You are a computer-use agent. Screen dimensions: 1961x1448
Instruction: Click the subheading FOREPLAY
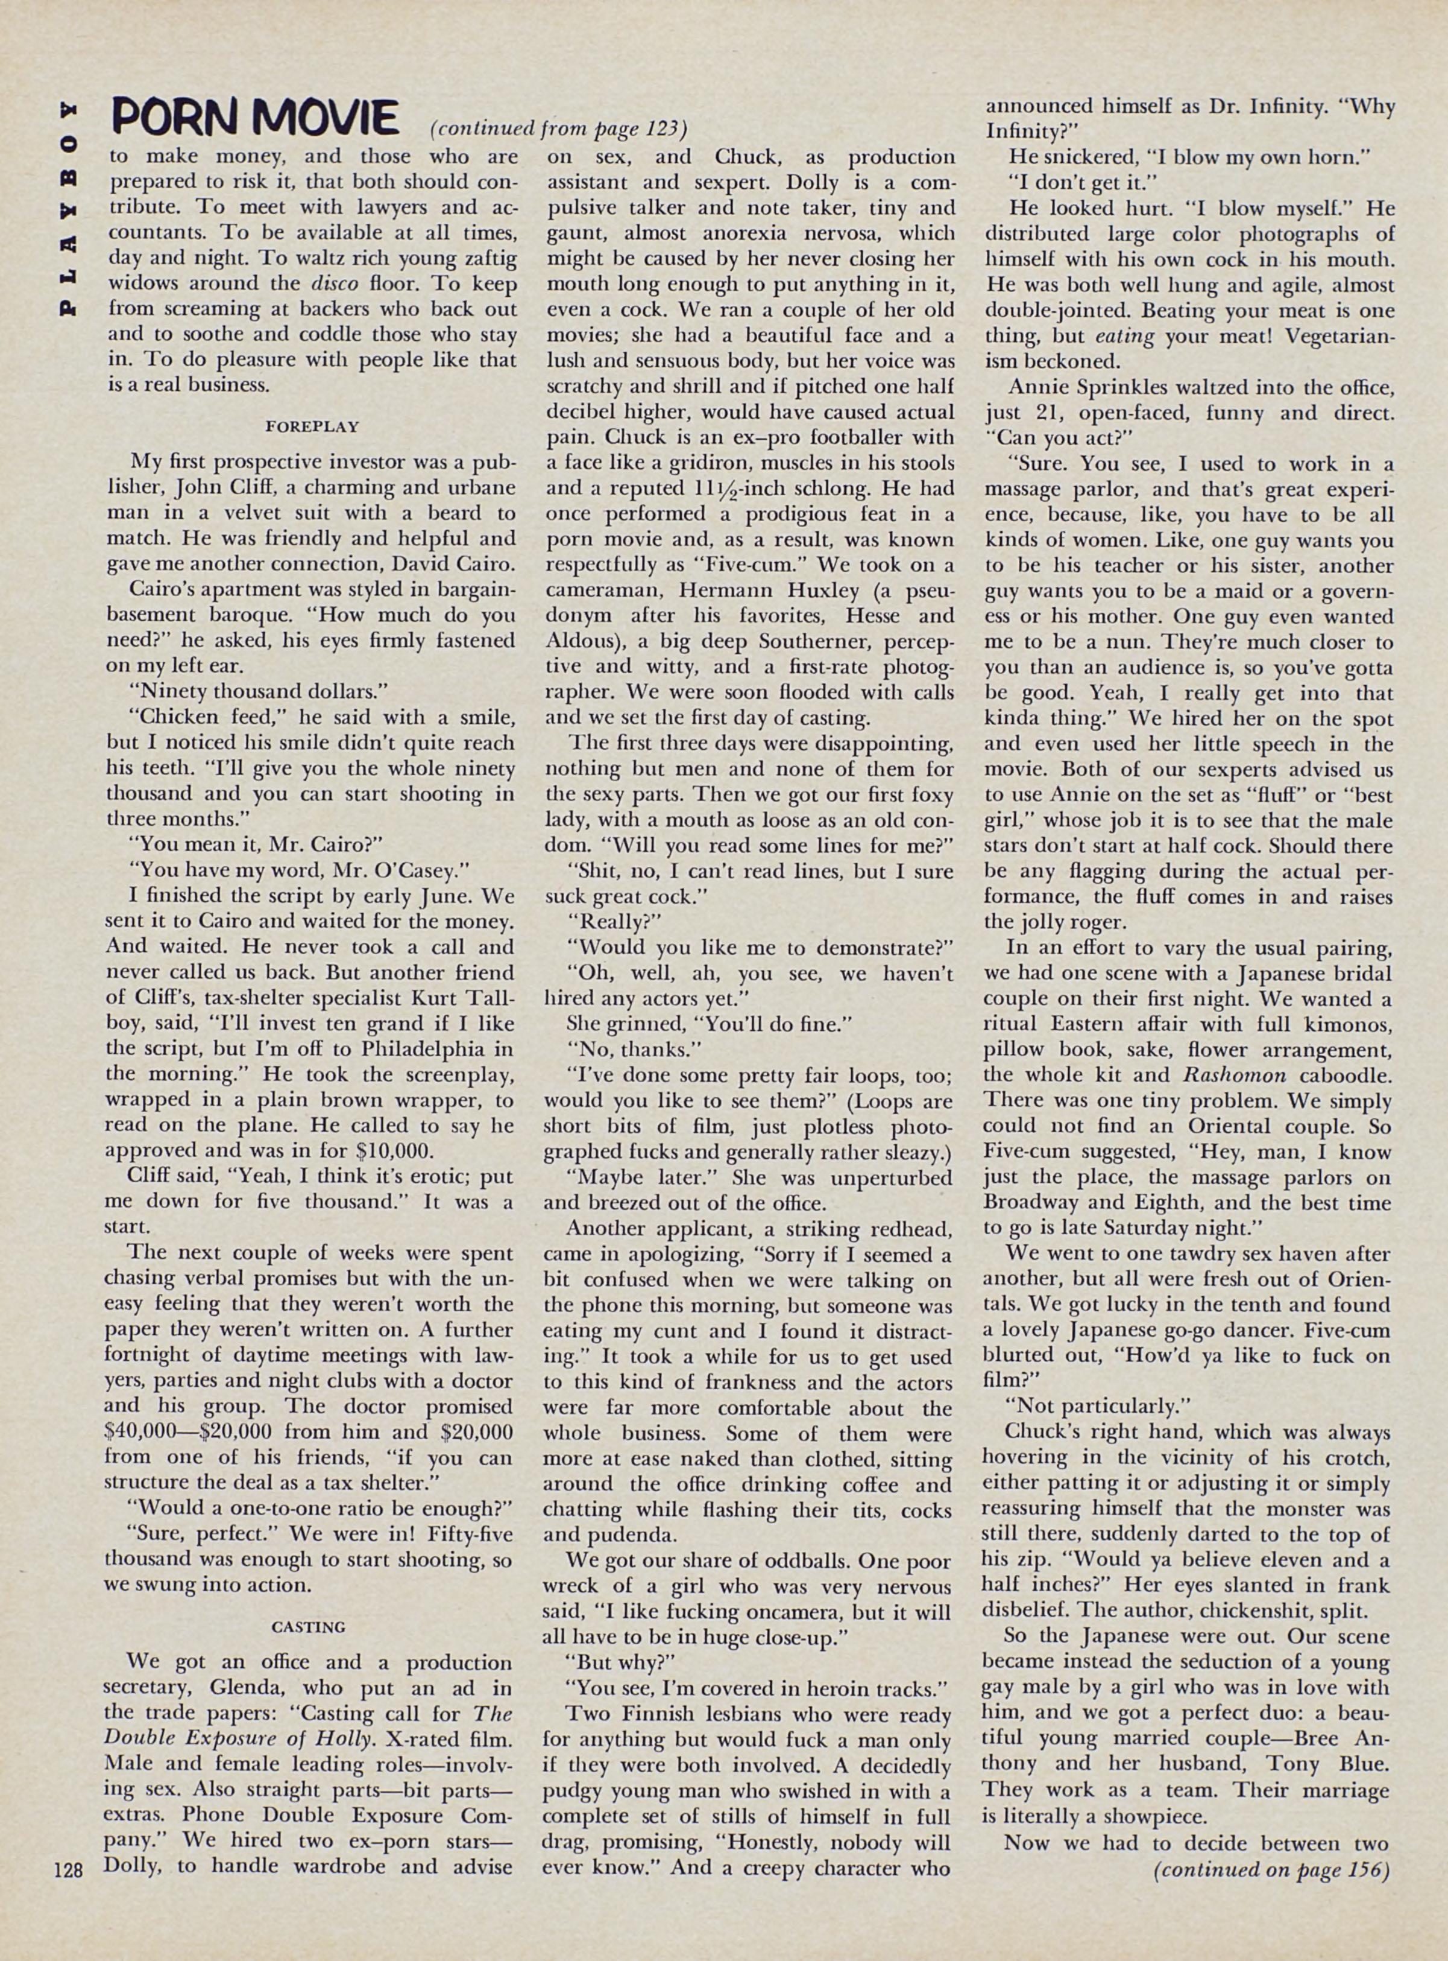(312, 427)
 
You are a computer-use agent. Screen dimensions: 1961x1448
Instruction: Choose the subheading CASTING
(309, 1627)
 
